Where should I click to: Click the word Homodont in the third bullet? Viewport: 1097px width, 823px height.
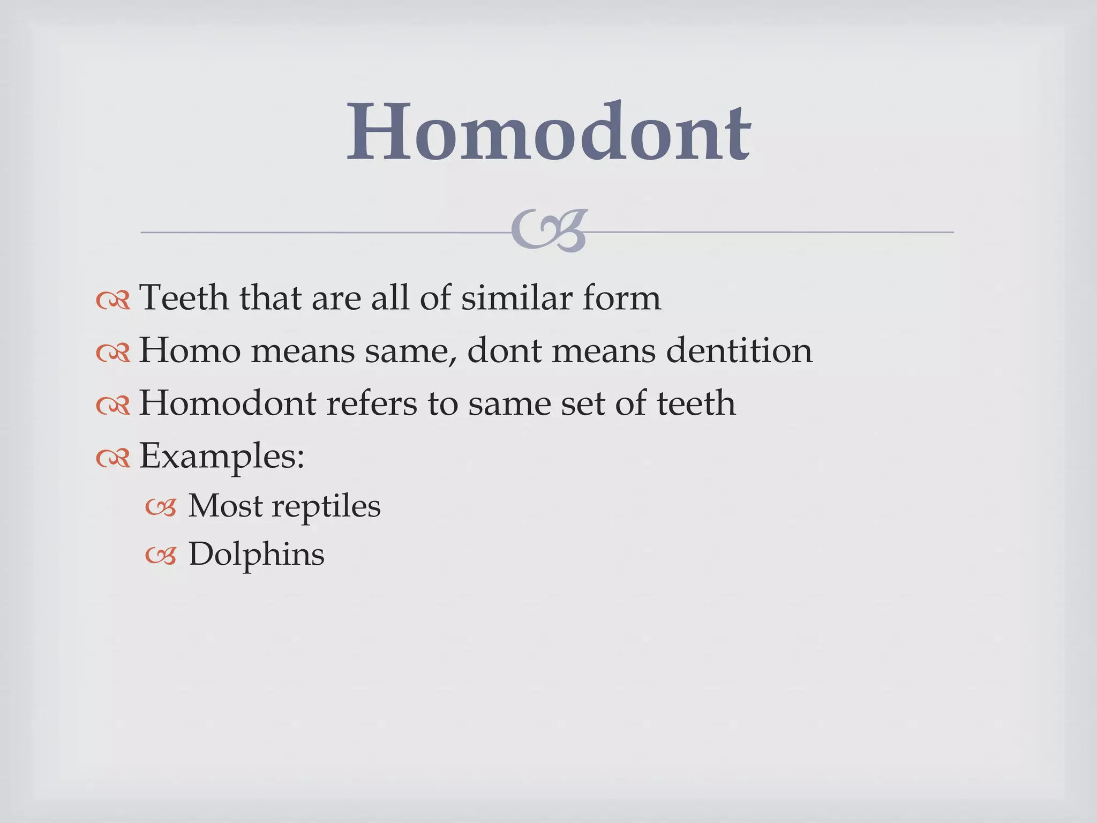coord(227,403)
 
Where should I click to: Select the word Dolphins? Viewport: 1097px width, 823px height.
coord(256,555)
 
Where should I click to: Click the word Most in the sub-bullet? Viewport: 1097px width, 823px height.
coord(224,506)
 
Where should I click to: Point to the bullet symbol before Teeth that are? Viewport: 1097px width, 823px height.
coord(113,301)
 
